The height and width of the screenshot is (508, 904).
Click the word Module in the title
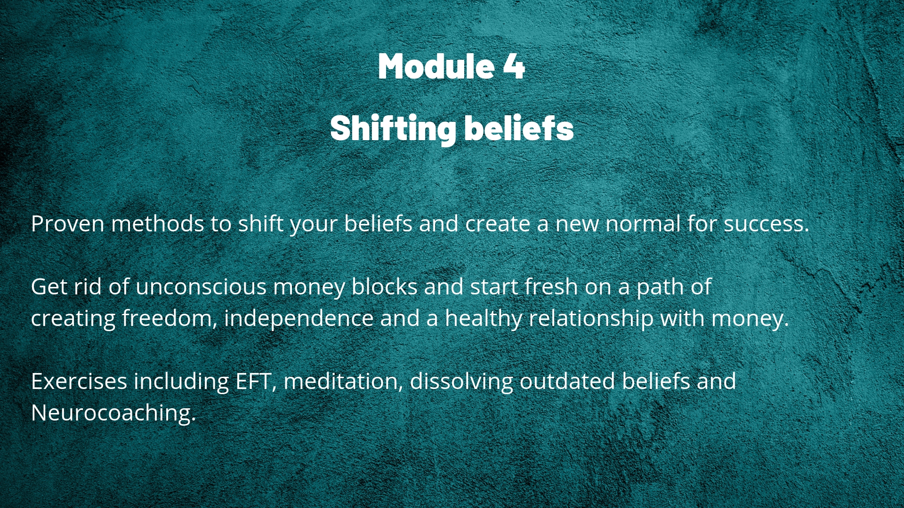[x=436, y=66]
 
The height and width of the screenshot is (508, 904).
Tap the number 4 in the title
[x=514, y=66]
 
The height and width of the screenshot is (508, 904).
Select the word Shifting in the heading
[x=393, y=128]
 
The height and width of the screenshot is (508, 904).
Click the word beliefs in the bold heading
[x=519, y=127]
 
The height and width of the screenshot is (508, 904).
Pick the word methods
[x=157, y=223]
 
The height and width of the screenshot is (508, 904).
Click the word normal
[x=643, y=223]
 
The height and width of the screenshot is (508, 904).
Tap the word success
[x=766, y=224]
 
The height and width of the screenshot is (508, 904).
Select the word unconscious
[x=201, y=287]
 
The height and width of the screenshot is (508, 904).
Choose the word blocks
[x=384, y=286]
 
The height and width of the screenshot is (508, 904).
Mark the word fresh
[x=551, y=286]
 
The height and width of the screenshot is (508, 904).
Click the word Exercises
[x=79, y=381]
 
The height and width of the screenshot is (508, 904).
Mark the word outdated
[x=567, y=381]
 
